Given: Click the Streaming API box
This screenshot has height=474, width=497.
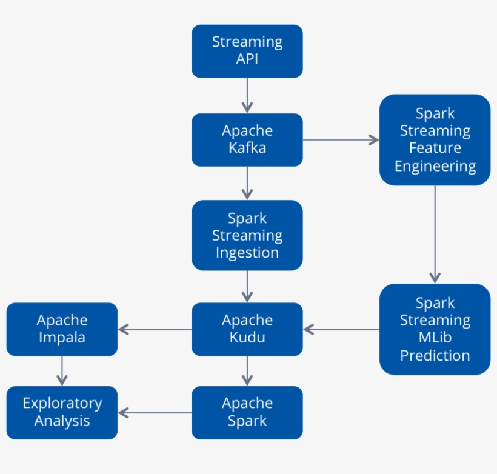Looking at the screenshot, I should point(247,51).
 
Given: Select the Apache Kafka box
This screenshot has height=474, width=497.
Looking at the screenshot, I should point(247,139).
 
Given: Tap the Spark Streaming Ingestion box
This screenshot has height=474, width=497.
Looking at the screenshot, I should point(247,235).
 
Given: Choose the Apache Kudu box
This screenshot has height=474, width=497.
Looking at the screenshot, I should point(247,329).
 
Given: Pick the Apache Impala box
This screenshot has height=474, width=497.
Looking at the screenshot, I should point(62,329).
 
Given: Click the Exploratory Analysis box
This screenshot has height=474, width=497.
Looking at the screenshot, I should point(62,412).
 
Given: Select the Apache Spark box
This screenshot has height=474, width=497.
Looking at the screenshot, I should point(247,412).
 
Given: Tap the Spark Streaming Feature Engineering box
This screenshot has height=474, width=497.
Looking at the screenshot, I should point(435,139).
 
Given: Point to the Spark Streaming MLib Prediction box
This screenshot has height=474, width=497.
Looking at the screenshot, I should point(435,329).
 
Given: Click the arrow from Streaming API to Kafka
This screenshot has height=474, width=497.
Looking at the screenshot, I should point(247,95).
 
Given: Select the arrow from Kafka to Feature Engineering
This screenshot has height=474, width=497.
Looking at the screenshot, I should point(341,140).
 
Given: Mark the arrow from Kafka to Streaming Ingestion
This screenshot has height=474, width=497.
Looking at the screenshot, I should point(247,183).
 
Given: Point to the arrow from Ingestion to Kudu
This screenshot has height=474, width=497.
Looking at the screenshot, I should point(247,286).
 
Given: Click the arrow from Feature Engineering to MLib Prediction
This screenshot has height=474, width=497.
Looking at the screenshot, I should point(435,234).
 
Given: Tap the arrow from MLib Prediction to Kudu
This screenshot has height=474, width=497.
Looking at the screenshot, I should point(341,329).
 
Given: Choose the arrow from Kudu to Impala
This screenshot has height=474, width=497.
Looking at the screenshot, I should point(155,329).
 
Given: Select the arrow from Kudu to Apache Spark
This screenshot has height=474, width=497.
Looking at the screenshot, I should point(247,370).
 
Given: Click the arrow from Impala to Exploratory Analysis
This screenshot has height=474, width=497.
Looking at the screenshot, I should point(62,370).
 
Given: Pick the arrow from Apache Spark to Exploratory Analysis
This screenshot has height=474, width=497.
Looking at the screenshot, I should point(155,413).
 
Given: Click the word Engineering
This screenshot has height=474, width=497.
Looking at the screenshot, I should point(435,166).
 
